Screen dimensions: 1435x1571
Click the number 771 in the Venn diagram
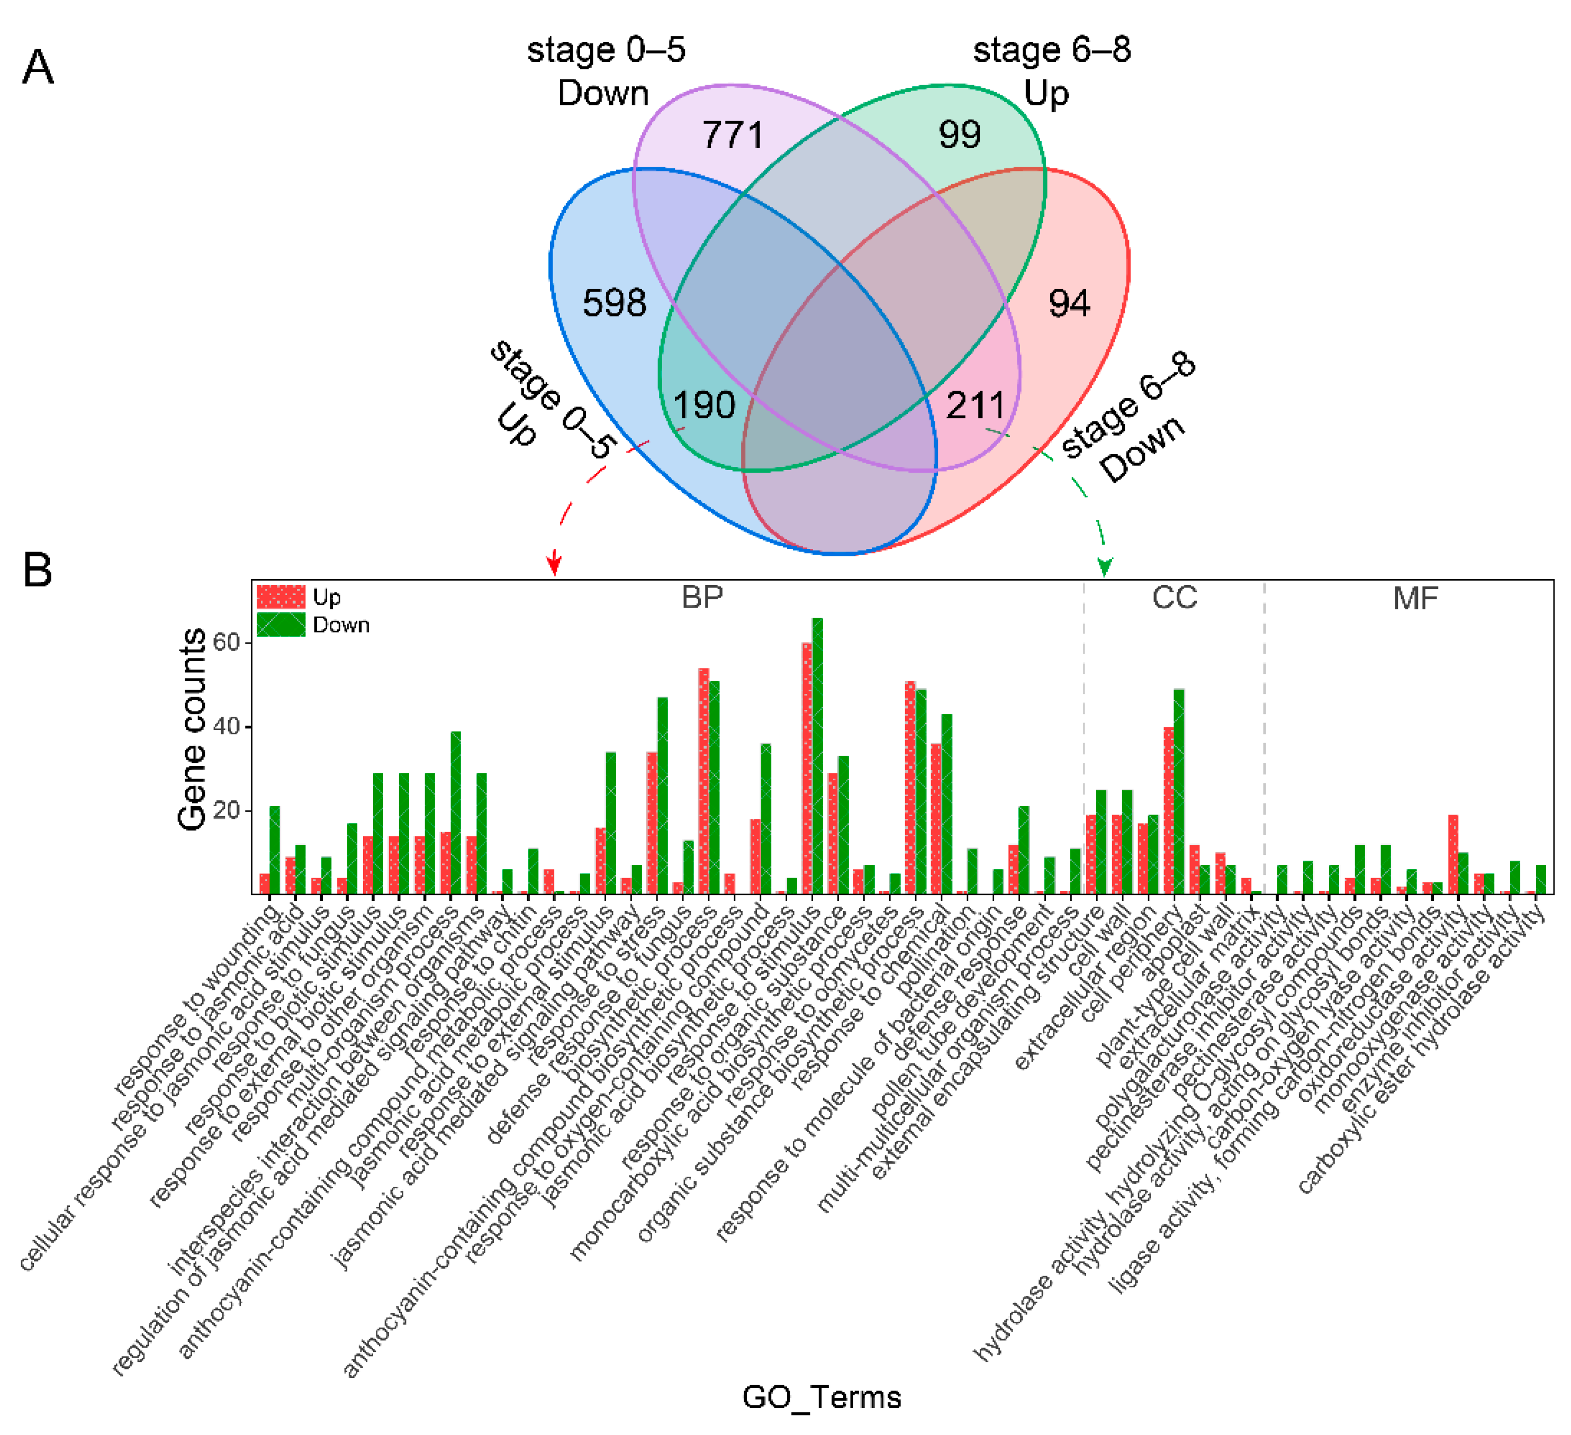tap(733, 135)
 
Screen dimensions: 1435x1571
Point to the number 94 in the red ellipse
tap(1069, 303)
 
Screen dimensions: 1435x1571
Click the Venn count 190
tap(703, 404)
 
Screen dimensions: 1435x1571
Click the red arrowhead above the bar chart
tap(554, 563)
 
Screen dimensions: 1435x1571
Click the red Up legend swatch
tap(281, 597)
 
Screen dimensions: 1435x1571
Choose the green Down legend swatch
tap(281, 625)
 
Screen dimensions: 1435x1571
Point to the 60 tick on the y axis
tap(227, 642)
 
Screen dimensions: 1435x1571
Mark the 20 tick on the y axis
tap(227, 810)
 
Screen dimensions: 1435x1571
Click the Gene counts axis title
tap(192, 729)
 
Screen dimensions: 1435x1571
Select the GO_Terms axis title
tap(821, 1397)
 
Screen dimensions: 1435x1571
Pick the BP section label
tap(702, 597)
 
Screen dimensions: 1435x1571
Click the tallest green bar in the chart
tap(817, 755)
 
